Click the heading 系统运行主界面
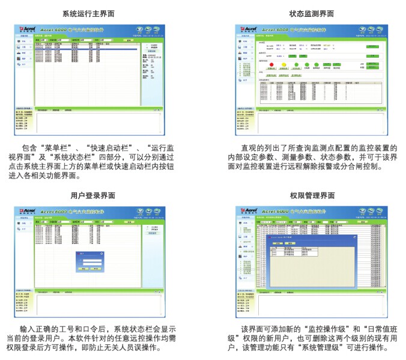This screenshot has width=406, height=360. click(x=89, y=13)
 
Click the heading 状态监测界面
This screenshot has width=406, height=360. click(x=312, y=13)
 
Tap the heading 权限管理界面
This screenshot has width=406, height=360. click(x=312, y=195)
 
